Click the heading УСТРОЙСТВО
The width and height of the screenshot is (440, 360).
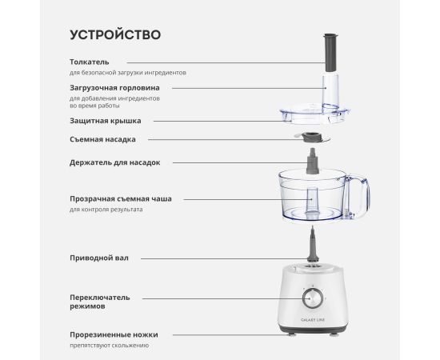pyautogui.click(x=115, y=34)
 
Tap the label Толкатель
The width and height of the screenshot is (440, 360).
pyautogui.click(x=90, y=62)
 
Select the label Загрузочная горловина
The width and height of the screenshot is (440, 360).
pyautogui.click(x=114, y=88)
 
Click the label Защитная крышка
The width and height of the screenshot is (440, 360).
pyautogui.click(x=106, y=121)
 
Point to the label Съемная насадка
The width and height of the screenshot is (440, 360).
pyautogui.click(x=102, y=139)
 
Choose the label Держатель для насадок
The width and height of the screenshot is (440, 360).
pyautogui.click(x=115, y=162)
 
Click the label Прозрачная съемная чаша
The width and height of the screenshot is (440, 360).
pyautogui.click(x=121, y=199)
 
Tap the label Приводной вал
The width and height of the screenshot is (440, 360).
pyautogui.click(x=99, y=258)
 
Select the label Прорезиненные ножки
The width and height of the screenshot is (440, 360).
pyautogui.click(x=114, y=334)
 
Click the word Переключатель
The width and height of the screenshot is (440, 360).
pyautogui.click(x=100, y=298)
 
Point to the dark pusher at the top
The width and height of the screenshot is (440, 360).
pyautogui.click(x=330, y=53)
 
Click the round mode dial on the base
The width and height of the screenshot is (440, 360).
pyautogui.click(x=313, y=298)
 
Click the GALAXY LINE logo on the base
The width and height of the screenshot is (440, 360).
pyautogui.click(x=313, y=320)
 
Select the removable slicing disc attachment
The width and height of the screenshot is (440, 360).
pyautogui.click(x=312, y=138)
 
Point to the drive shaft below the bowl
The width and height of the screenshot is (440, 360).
pyautogui.click(x=313, y=244)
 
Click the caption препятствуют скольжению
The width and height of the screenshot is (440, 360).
pyautogui.click(x=110, y=346)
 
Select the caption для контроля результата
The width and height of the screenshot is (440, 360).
pyautogui.click(x=106, y=210)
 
